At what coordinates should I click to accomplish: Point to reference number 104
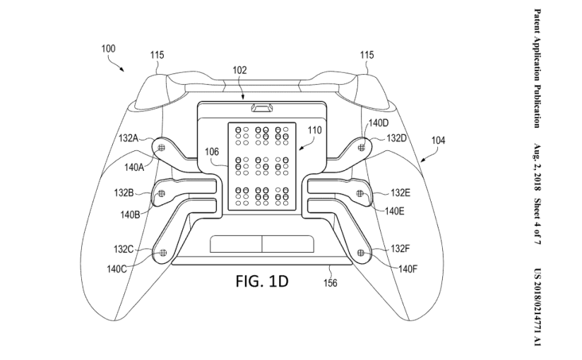(x=438, y=140)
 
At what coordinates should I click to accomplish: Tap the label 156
(x=330, y=283)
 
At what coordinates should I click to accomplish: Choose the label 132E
(x=399, y=192)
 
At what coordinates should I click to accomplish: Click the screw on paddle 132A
(x=162, y=147)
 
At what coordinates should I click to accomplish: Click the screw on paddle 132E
(x=360, y=193)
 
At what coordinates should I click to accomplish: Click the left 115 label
(x=156, y=54)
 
